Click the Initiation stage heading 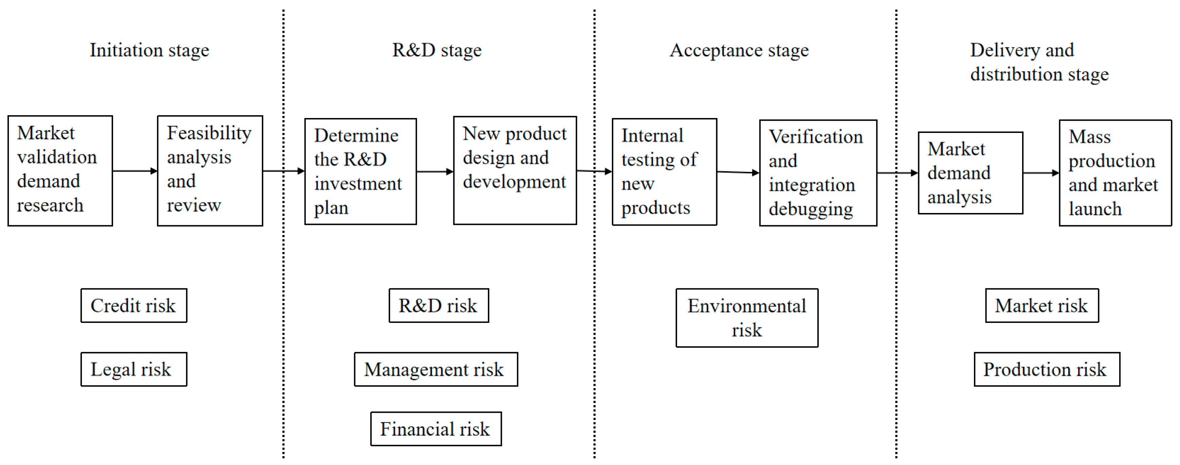pyautogui.click(x=149, y=50)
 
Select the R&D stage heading pyautogui.click(x=437, y=50)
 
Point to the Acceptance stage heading pyautogui.click(x=739, y=50)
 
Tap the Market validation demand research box pyautogui.click(x=60, y=171)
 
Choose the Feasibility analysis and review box pyautogui.click(x=210, y=171)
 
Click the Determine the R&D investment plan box pyautogui.click(x=361, y=172)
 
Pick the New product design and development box pyautogui.click(x=515, y=170)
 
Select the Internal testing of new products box pyautogui.click(x=664, y=172)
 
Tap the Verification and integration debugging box pyautogui.click(x=818, y=173)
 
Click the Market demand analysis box pyautogui.click(x=970, y=173)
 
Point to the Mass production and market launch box pyautogui.click(x=1115, y=173)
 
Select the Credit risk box pyautogui.click(x=134, y=305)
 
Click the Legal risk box pyautogui.click(x=134, y=369)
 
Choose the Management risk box pyautogui.click(x=436, y=369)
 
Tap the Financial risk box pyautogui.click(x=436, y=429)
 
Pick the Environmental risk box pyautogui.click(x=747, y=317)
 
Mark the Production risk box pyautogui.click(x=1047, y=369)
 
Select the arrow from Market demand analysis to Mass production pyautogui.click(x=1041, y=173)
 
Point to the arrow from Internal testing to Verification pyautogui.click(x=738, y=172)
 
